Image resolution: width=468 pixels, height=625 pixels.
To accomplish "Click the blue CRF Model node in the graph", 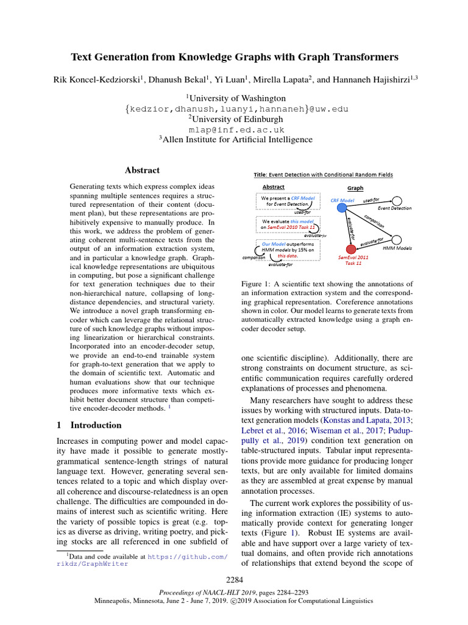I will (338, 208).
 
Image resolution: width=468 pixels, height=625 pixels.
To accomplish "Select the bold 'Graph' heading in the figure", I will (355, 188).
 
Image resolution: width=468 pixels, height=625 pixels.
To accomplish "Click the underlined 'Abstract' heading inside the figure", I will (273, 187).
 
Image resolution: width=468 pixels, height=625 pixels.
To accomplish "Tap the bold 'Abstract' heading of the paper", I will (142, 170).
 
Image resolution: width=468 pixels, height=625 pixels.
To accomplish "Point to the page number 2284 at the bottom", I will (235, 579).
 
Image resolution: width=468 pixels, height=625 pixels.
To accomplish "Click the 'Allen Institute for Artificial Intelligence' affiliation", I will (236, 140).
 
